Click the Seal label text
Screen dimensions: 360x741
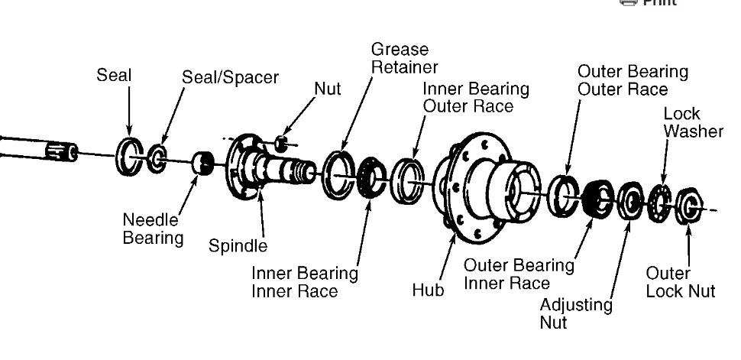pos(114,76)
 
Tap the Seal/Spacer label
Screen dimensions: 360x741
pos(230,78)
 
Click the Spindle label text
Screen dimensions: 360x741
pos(238,246)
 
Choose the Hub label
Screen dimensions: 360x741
pos(428,290)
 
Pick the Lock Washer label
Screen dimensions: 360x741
pos(693,122)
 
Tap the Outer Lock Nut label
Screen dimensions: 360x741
pos(680,282)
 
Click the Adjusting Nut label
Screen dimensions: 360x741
pos(576,313)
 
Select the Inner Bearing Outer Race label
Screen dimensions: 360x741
pos(475,97)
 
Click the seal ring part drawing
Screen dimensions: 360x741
pos(128,156)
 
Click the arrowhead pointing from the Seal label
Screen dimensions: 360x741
pos(129,131)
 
